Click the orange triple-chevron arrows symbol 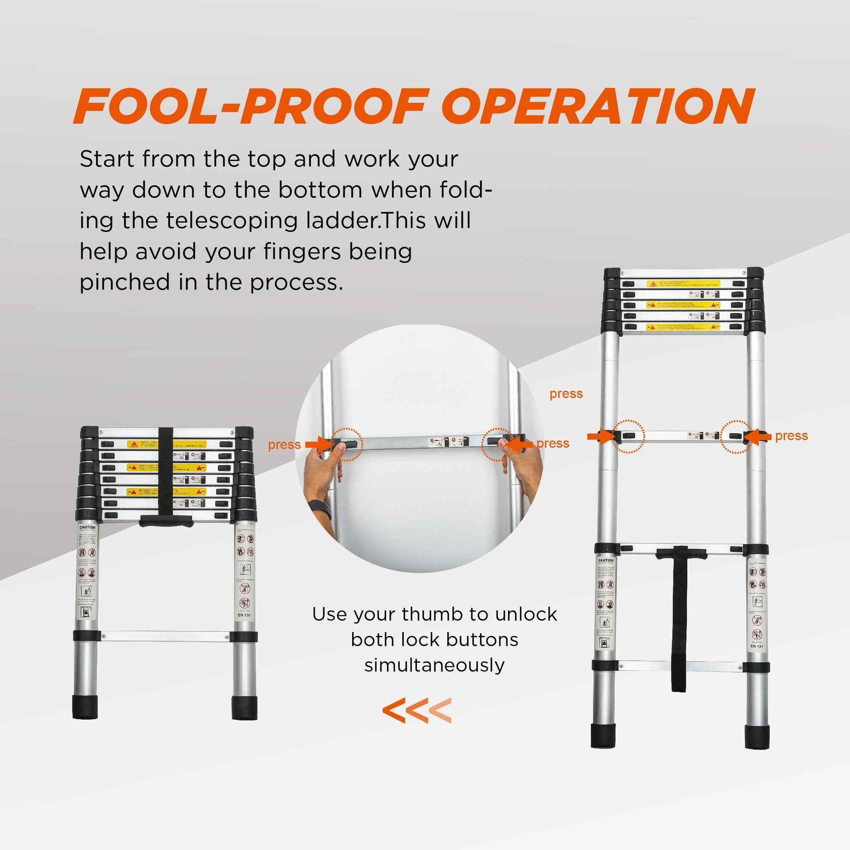pos(417,710)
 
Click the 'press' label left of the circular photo pos(284,445)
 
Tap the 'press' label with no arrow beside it pos(566,394)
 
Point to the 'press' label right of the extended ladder pos(791,435)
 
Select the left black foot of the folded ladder pos(85,707)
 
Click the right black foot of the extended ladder pos(757,736)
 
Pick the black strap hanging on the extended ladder pos(679,616)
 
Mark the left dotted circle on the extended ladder pos(628,436)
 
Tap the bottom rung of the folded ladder pos(165,636)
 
